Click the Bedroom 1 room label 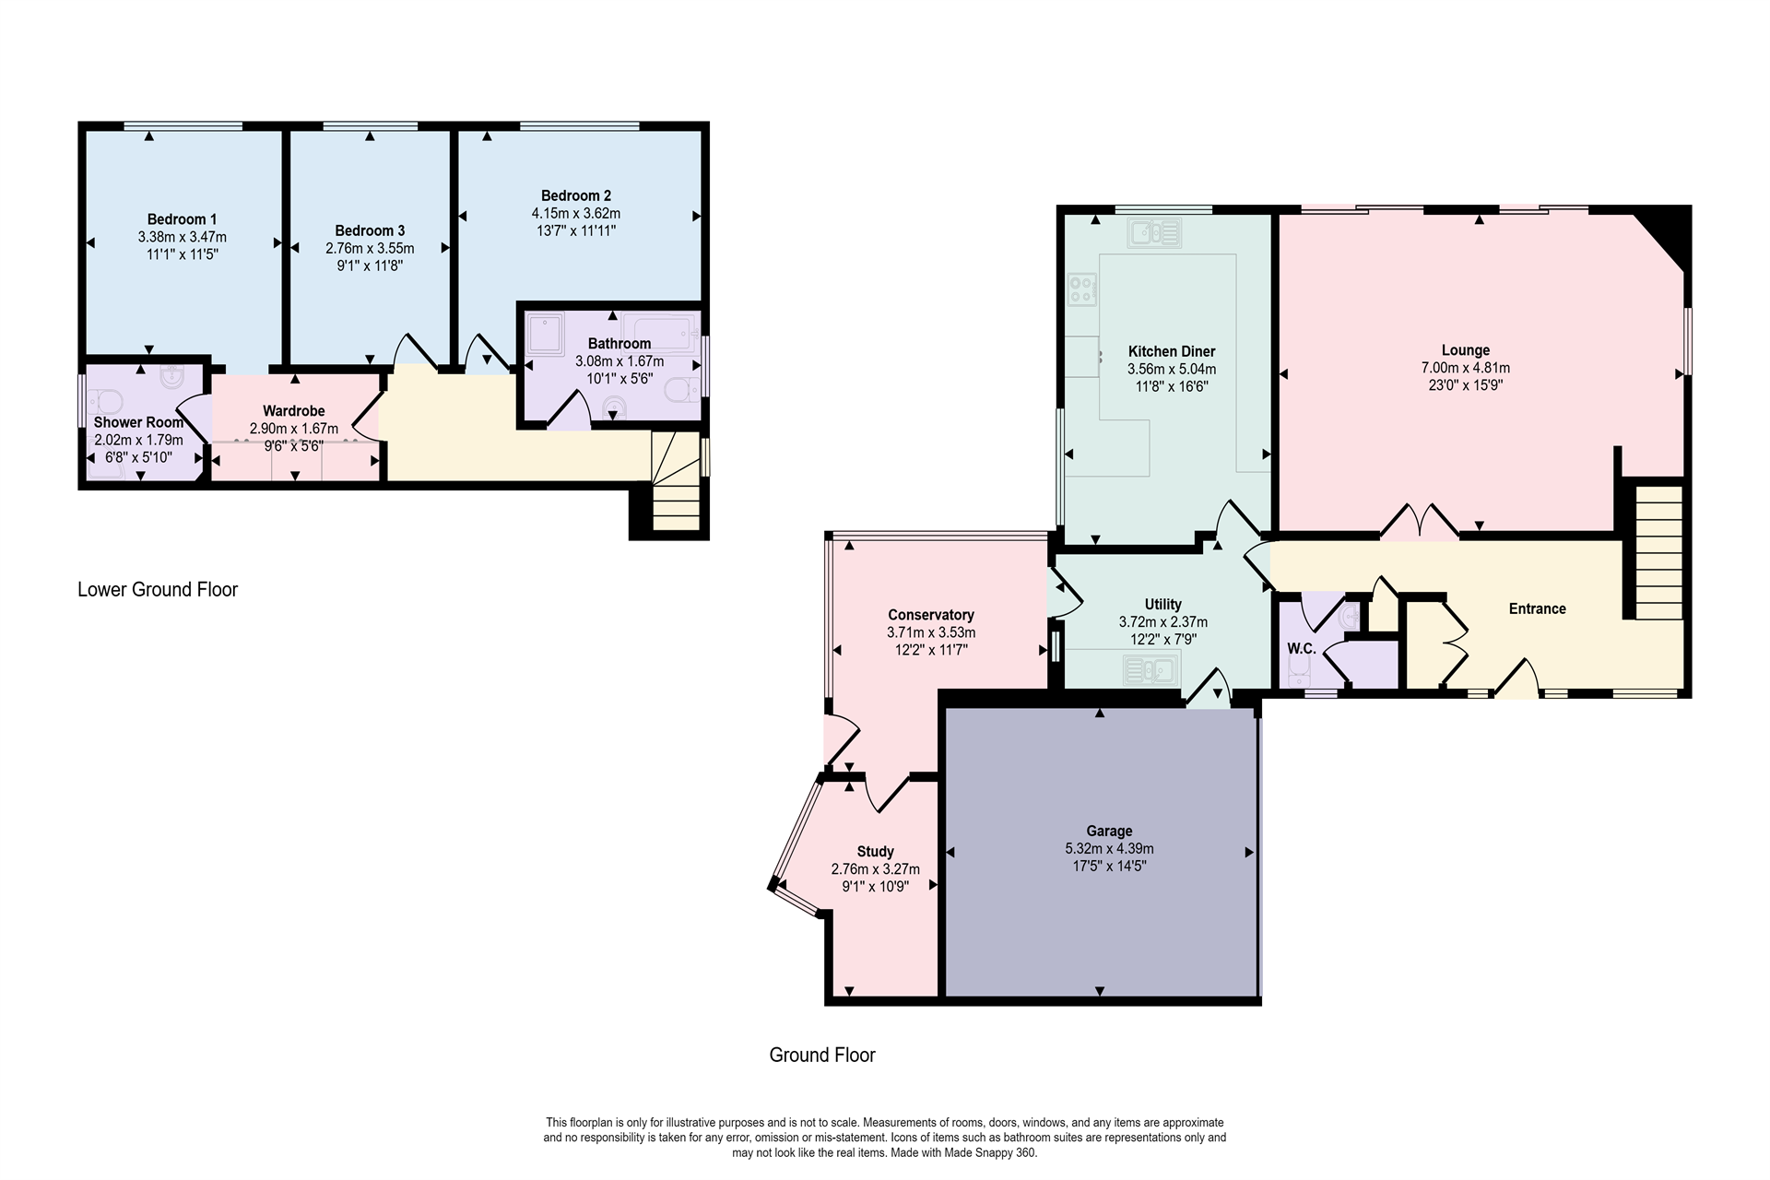tap(182, 218)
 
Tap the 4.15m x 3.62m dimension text tap(575, 213)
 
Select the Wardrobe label tap(293, 411)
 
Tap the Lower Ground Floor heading tap(158, 589)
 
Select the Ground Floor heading tap(821, 1055)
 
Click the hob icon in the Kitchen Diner tap(1081, 289)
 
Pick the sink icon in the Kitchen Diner tap(1153, 232)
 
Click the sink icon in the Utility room tap(1151, 669)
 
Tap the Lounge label tap(1465, 350)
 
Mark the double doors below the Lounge tap(1420, 522)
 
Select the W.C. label tap(1301, 649)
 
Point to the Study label tap(875, 852)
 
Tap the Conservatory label tap(930, 615)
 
